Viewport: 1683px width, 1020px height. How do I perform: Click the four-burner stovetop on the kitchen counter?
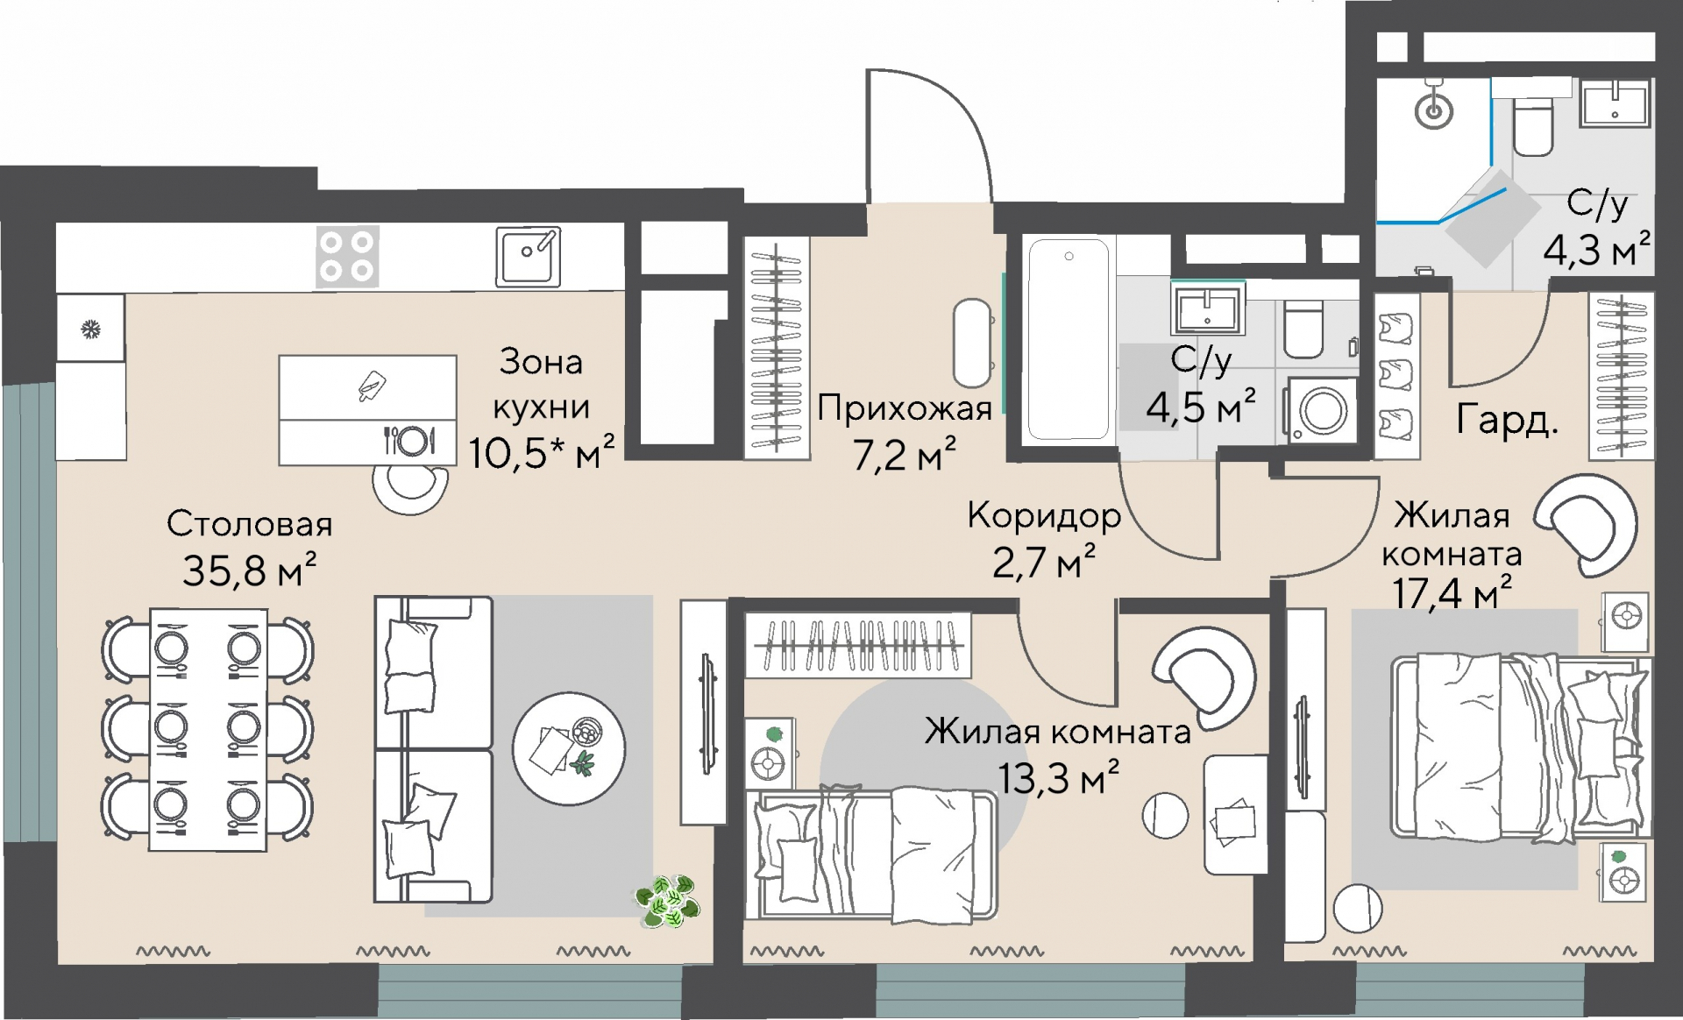coord(347,257)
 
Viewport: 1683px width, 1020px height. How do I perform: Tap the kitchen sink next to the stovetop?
coord(528,257)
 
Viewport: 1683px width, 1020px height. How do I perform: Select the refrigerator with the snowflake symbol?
coord(90,329)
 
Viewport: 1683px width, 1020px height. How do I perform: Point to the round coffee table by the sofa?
coord(569,748)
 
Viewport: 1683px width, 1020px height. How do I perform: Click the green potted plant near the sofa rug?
coord(668,900)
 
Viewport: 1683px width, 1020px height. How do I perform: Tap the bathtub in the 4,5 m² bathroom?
coord(1068,339)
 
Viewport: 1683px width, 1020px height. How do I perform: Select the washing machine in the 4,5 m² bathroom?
coord(1322,410)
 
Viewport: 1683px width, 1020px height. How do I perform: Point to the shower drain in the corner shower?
coord(1434,111)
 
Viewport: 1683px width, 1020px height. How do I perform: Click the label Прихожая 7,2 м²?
coord(905,431)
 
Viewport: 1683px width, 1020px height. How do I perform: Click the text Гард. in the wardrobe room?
coord(1507,420)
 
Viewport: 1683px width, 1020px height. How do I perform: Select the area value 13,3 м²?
coord(1058,776)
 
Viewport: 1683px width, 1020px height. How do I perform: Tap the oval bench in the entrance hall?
coord(972,344)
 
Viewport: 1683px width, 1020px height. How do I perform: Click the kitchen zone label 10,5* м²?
coord(541,452)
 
